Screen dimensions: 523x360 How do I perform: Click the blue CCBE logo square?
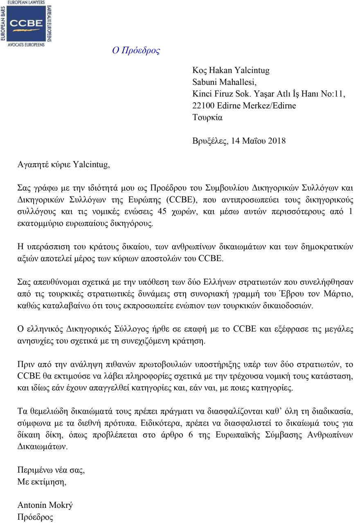click(26, 23)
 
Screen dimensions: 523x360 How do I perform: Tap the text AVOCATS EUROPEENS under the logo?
click(26, 44)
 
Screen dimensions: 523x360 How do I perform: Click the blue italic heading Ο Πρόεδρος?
click(136, 50)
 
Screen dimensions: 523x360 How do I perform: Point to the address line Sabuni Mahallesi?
click(224, 82)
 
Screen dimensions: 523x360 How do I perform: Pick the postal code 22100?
click(203, 106)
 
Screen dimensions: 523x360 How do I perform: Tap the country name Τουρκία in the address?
click(207, 117)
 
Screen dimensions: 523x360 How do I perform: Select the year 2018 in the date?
click(277, 141)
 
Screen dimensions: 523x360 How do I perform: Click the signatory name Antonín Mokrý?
click(45, 505)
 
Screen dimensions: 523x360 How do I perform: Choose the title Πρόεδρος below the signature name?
click(35, 517)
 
